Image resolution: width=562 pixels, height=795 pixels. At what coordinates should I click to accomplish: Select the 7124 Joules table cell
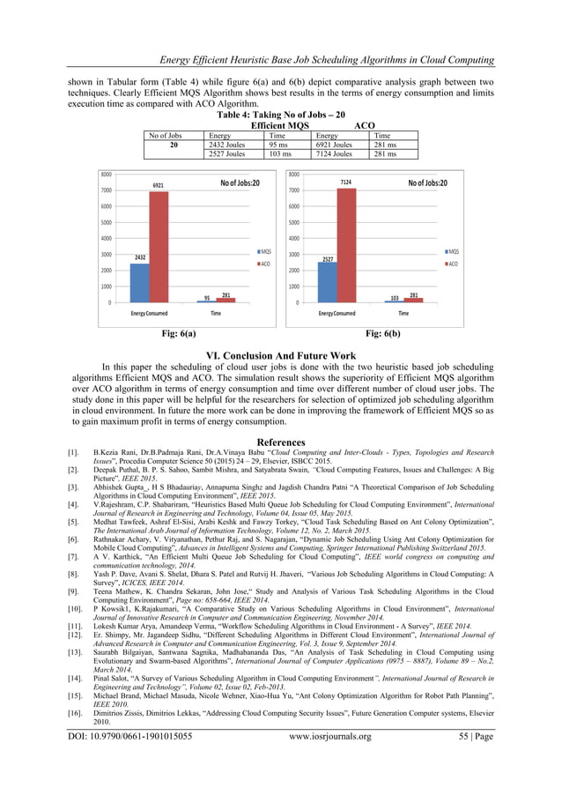(334, 154)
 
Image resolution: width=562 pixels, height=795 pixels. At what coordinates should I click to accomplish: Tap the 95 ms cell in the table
(280, 145)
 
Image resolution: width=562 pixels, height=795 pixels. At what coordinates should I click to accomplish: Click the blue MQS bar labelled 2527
(327, 282)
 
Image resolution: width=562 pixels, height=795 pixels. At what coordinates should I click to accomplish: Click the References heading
(281, 442)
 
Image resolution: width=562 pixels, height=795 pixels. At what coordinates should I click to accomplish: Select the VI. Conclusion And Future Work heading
(281, 354)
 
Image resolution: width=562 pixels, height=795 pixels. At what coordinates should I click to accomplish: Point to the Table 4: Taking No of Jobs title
(281, 115)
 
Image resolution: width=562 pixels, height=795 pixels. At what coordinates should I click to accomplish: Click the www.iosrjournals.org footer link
(330, 736)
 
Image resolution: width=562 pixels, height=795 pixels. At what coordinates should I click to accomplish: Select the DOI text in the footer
(128, 736)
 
